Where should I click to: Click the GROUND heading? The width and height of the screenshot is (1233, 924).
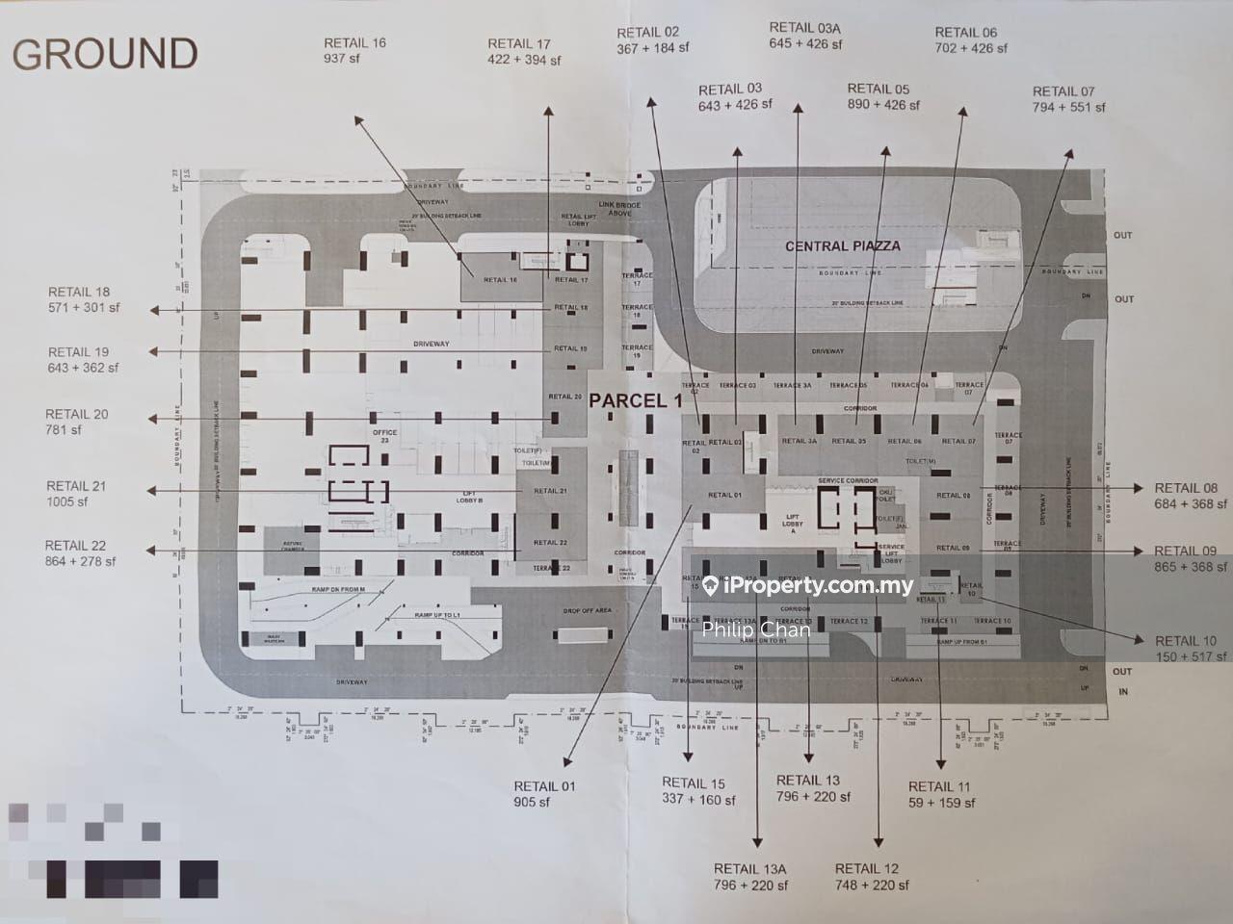pos(104,54)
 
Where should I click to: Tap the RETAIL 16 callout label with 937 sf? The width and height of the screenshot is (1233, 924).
pos(354,51)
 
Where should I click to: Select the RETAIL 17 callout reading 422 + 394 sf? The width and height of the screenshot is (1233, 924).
pos(523,52)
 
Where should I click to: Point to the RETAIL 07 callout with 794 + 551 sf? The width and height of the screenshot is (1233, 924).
pos(1068,99)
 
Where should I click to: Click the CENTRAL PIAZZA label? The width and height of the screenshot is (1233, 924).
pos(842,246)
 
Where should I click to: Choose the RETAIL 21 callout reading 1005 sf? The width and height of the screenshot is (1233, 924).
pos(76,494)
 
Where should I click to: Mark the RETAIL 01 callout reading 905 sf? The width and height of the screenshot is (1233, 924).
pos(544,794)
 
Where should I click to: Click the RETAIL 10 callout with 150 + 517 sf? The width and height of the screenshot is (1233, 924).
pos(1190,648)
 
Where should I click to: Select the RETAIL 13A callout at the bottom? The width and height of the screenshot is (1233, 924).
pos(750,877)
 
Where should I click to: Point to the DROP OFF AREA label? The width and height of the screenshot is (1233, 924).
pos(587,611)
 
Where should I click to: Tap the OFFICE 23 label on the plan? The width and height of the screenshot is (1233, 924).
pos(385,436)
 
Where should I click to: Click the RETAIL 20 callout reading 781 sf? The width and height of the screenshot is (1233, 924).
pos(77,422)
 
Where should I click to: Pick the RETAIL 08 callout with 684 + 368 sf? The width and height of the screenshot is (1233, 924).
pos(1190,496)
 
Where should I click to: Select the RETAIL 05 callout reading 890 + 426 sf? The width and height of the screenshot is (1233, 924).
pos(883,96)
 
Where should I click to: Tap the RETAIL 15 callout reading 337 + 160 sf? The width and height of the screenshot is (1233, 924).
pos(698,791)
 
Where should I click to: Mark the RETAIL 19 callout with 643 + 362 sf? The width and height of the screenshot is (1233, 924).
pos(83,360)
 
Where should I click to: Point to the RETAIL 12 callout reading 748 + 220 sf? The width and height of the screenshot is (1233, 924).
pos(872,877)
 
